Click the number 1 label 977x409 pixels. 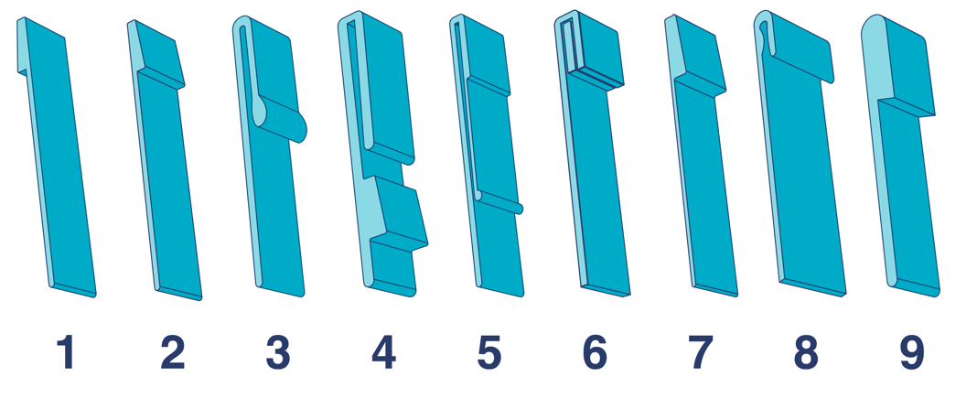coord(65,353)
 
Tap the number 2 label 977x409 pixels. coord(172,353)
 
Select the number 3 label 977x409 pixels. coord(277,353)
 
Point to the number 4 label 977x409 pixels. coord(383,353)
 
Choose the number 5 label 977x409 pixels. coord(489,353)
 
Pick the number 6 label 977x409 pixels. coord(595,353)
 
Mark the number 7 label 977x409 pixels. coord(700,353)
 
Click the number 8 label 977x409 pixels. coord(806,353)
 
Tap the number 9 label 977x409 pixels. coord(911,353)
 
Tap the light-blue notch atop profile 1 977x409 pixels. coord(22,46)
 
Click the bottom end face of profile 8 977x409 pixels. coord(812,288)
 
